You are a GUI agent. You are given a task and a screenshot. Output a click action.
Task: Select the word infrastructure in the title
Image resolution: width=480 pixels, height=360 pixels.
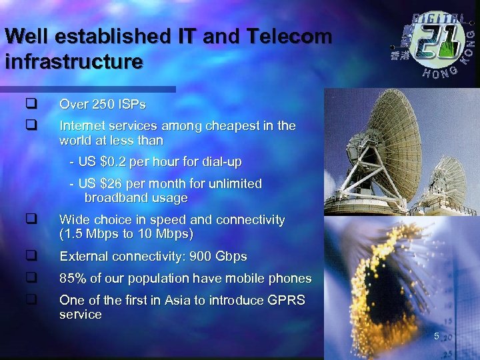(73, 62)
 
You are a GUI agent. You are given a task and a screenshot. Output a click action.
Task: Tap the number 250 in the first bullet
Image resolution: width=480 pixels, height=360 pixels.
(99, 105)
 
